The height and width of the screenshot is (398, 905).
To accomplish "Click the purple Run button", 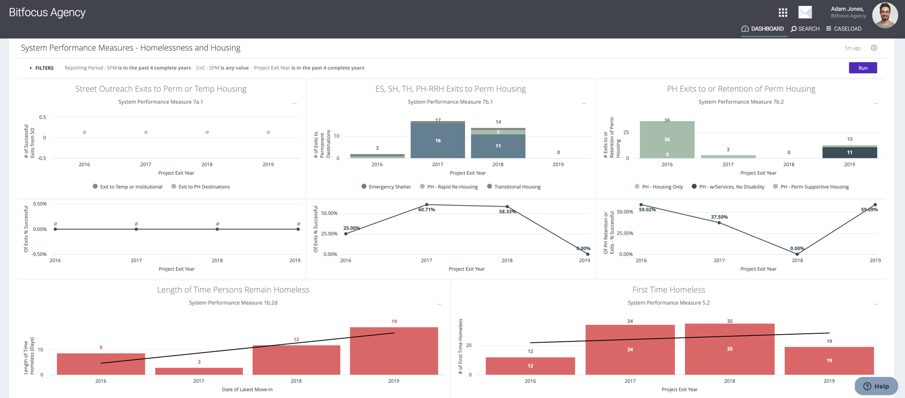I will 863,68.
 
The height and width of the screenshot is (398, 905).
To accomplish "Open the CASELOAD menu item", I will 843,29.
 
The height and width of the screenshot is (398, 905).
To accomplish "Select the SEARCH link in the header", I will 805,29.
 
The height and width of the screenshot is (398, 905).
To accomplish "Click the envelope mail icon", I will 805,13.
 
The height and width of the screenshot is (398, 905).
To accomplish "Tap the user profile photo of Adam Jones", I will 884,15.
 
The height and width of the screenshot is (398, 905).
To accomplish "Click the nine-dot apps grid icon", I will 782,13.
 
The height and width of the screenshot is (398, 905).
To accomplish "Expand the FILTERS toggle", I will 42,68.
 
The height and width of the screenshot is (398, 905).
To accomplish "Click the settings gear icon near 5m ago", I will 874,48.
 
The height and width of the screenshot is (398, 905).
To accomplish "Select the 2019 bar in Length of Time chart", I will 393,351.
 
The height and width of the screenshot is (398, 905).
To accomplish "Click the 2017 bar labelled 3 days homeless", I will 199,371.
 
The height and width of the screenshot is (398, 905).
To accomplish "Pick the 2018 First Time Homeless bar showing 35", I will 729,349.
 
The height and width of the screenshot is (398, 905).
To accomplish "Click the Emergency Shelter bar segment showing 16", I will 437,140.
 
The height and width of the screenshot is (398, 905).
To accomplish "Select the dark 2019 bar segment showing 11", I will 849,152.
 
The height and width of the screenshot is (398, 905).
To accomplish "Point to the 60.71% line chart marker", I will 427,205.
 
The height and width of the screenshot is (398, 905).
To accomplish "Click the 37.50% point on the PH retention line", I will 719,222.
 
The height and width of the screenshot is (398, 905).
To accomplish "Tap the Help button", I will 875,386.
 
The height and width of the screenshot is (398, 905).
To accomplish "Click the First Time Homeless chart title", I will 668,289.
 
